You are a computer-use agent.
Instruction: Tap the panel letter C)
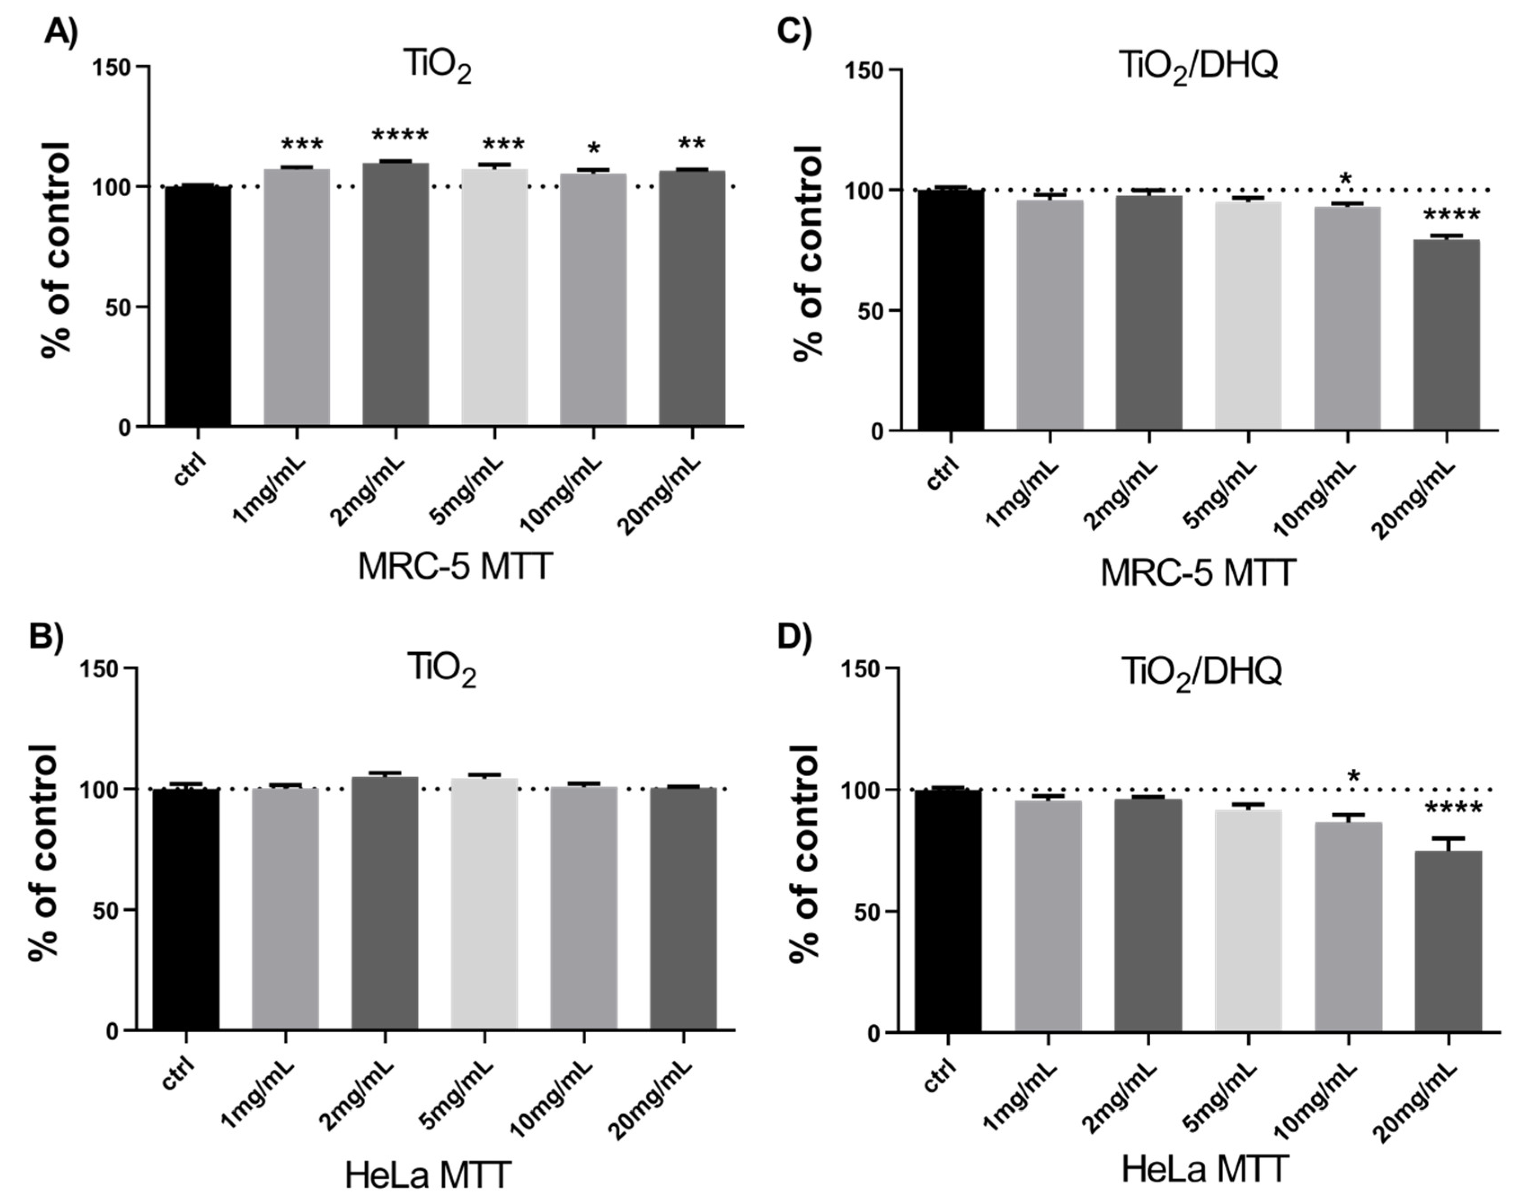pyautogui.click(x=795, y=31)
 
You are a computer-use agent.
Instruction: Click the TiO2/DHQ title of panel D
pyautogui.click(x=1201, y=672)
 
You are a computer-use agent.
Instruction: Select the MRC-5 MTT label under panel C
pyautogui.click(x=1198, y=573)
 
